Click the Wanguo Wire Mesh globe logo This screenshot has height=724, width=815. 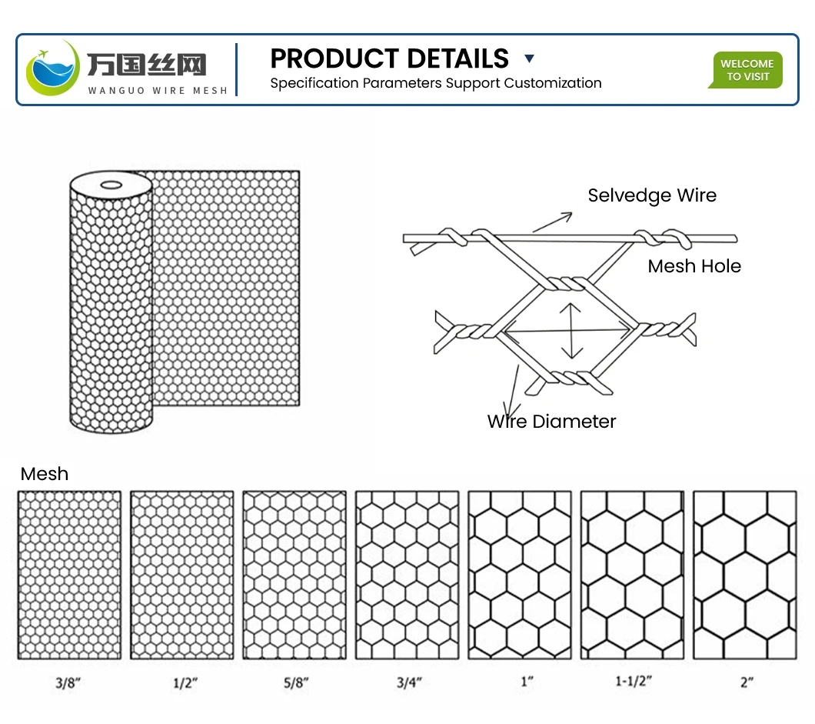pos(52,68)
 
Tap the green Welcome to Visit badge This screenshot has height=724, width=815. pos(746,70)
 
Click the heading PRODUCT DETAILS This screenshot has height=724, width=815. pos(389,58)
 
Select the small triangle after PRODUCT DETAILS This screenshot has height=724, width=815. pos(528,58)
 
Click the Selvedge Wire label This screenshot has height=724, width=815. pos(652,195)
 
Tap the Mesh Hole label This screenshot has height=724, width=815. pos(694,266)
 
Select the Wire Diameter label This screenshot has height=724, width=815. pos(552,421)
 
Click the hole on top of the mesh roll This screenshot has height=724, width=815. pos(110,185)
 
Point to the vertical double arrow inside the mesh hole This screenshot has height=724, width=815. pos(570,331)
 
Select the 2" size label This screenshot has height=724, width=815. pos(746,682)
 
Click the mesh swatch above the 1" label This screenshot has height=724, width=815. pos(520,575)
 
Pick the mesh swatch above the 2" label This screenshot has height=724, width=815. pos(745,575)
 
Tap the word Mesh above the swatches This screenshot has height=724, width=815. pos(45,474)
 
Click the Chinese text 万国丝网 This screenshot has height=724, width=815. pos(146,64)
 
